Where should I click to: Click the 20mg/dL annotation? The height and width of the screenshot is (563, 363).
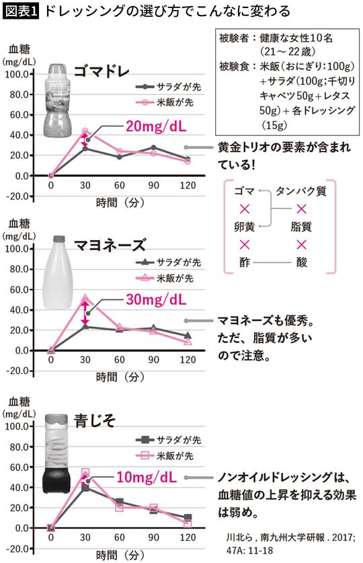157,125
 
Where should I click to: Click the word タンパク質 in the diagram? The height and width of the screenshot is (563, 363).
301,192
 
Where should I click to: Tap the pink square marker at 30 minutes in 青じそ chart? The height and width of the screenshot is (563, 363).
85,473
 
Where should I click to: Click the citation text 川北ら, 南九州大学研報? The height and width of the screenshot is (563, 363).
294,537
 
